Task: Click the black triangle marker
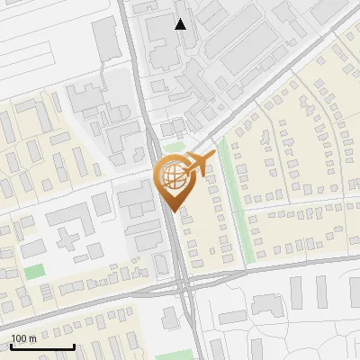[181, 24]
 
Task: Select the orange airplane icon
[199, 163]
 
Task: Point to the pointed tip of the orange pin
[174, 212]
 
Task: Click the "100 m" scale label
[22, 337]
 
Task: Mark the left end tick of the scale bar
[12, 346]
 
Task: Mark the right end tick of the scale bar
[74, 346]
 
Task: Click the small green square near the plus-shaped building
[34, 271]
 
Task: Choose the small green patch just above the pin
[173, 147]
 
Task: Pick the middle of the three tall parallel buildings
[320, 290]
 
